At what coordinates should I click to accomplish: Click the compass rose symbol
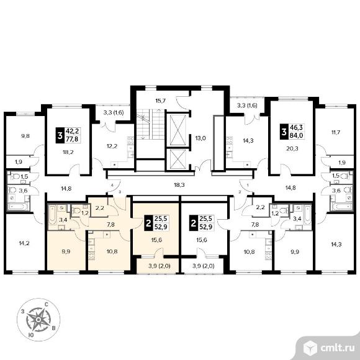pos(38,320)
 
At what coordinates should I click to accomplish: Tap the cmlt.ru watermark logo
pos(328,348)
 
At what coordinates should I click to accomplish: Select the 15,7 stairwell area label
pos(161,101)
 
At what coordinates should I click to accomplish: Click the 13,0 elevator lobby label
pos(200,138)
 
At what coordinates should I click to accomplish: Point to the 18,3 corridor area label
pos(179,185)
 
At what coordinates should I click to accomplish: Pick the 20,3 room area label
pos(292,148)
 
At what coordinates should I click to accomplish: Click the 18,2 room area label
pos(68,152)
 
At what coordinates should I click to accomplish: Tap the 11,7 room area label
pos(336,132)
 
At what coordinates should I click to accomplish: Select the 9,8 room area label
pos(25,136)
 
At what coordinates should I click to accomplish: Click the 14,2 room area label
pos(24,243)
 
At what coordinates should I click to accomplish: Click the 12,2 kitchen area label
pos(112,146)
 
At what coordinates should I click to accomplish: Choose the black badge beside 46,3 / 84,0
pos(284,132)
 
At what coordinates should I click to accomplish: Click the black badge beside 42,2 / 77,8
pos(60,135)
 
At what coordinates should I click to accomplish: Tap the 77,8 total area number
pos(72,139)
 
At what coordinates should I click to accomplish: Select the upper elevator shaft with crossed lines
pos(178,130)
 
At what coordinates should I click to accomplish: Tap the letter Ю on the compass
pos(31,335)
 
